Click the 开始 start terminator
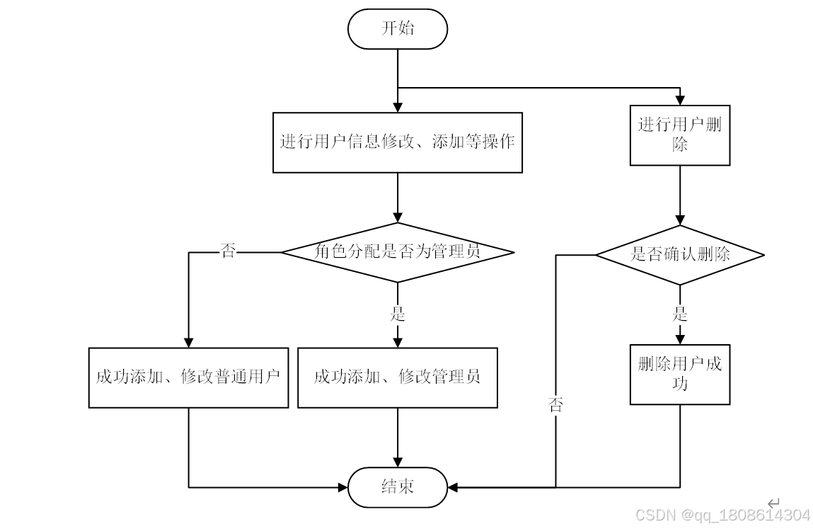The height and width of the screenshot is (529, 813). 398,29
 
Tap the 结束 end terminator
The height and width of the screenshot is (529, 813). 398,487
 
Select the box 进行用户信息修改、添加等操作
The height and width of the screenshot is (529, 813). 398,142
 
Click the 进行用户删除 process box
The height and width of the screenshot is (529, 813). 680,135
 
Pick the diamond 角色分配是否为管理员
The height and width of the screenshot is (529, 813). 398,251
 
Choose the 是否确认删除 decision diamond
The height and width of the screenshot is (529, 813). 680,254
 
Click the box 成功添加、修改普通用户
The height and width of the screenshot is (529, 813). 188,377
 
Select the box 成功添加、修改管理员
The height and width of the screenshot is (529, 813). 398,377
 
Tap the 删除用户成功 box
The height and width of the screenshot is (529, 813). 680,374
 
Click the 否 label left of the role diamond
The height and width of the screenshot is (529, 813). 228,251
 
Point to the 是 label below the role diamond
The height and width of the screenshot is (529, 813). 398,314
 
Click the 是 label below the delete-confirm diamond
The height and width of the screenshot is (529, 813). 680,314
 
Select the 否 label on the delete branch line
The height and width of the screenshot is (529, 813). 556,405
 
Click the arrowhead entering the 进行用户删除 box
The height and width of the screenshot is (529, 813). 680,100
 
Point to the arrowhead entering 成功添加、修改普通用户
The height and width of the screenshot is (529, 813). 188,341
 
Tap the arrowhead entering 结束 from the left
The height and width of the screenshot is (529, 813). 342,487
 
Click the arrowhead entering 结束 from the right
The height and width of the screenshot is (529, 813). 454,487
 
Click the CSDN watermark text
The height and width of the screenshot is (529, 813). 722,515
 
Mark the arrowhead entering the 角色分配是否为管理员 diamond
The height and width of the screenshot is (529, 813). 398,217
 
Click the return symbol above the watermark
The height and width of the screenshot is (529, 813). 773,502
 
